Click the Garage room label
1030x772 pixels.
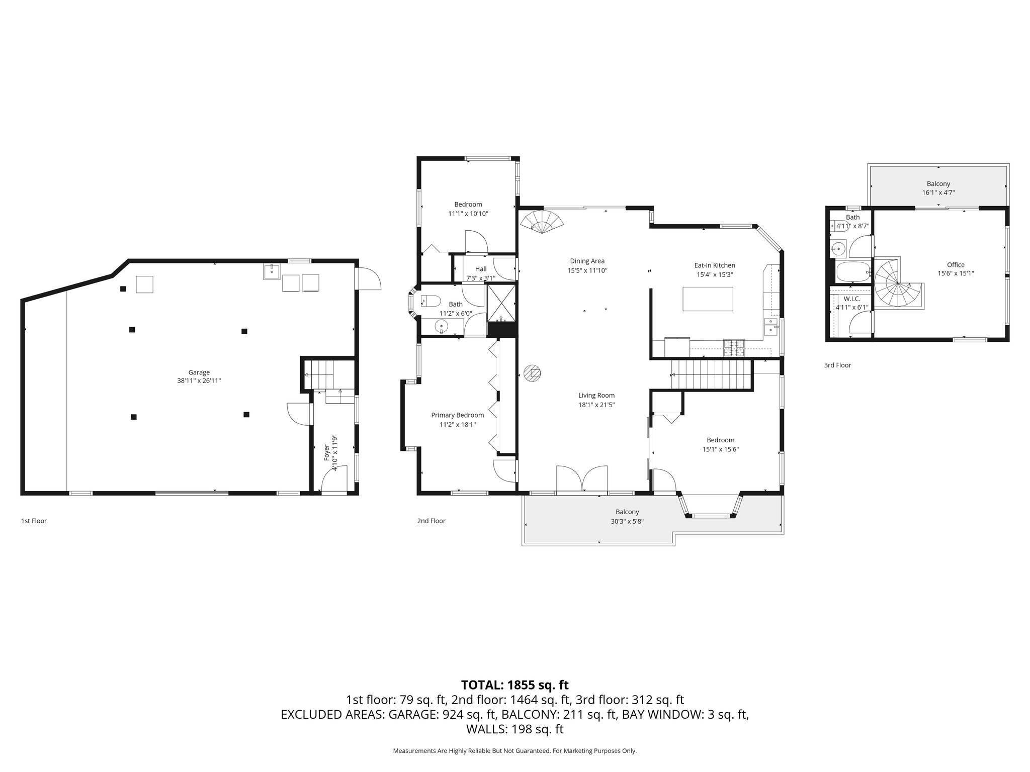(x=199, y=372)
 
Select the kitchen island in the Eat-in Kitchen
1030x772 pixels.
(x=708, y=299)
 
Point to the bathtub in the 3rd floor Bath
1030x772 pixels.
(x=853, y=271)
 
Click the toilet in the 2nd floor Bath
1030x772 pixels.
(x=431, y=301)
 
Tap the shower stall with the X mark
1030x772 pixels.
(x=501, y=303)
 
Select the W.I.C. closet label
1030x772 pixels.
(x=851, y=299)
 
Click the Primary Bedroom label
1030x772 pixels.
(x=457, y=415)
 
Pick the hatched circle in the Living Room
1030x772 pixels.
(x=532, y=373)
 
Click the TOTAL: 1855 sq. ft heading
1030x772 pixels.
(x=514, y=685)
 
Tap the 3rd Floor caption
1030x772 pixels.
(x=837, y=365)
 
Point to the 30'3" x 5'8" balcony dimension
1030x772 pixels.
(x=627, y=521)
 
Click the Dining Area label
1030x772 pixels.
(x=587, y=261)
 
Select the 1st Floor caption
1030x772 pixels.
(x=34, y=521)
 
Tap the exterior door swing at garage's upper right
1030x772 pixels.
(x=368, y=278)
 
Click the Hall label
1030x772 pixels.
(x=480, y=269)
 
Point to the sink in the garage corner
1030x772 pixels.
(x=271, y=271)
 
